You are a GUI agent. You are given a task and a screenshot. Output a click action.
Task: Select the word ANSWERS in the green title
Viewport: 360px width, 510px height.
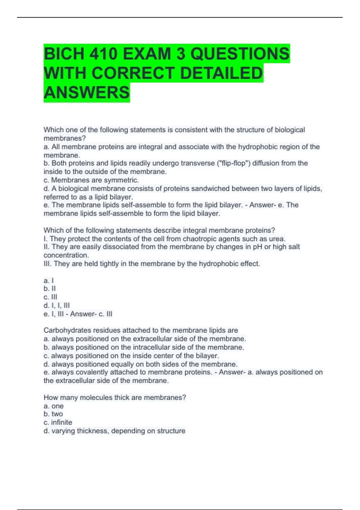point(87,92)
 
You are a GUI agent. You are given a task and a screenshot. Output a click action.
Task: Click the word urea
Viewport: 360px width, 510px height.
point(277,239)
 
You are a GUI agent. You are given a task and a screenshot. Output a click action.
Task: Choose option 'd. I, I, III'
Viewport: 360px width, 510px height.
point(57,305)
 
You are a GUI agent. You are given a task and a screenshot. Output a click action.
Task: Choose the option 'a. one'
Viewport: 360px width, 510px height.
point(54,406)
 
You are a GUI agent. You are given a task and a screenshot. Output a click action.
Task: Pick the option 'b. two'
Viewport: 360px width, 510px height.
point(53,414)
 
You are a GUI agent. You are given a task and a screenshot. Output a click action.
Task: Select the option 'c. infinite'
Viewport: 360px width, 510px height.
point(58,422)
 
